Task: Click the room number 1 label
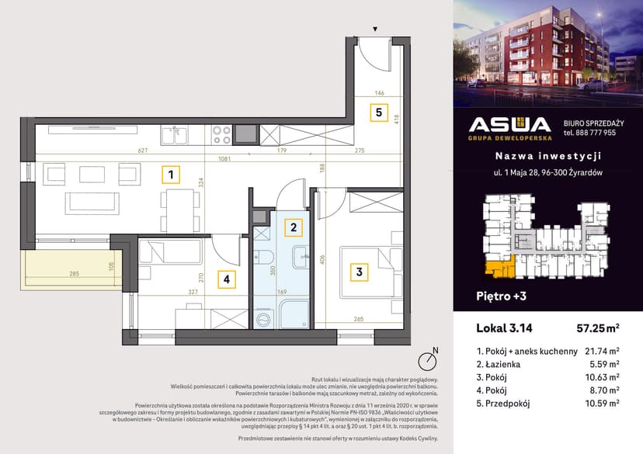coord(169,175)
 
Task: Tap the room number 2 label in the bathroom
coord(292,227)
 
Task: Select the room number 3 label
coord(359,272)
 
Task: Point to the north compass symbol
coord(426,360)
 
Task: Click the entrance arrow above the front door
coord(375,29)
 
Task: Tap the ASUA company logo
coord(510,126)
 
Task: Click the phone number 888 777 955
coord(589,133)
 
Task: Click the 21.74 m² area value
coord(602,350)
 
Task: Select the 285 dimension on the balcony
coord(75,274)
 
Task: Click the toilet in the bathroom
coord(263,260)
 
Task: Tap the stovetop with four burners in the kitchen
coord(221,134)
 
